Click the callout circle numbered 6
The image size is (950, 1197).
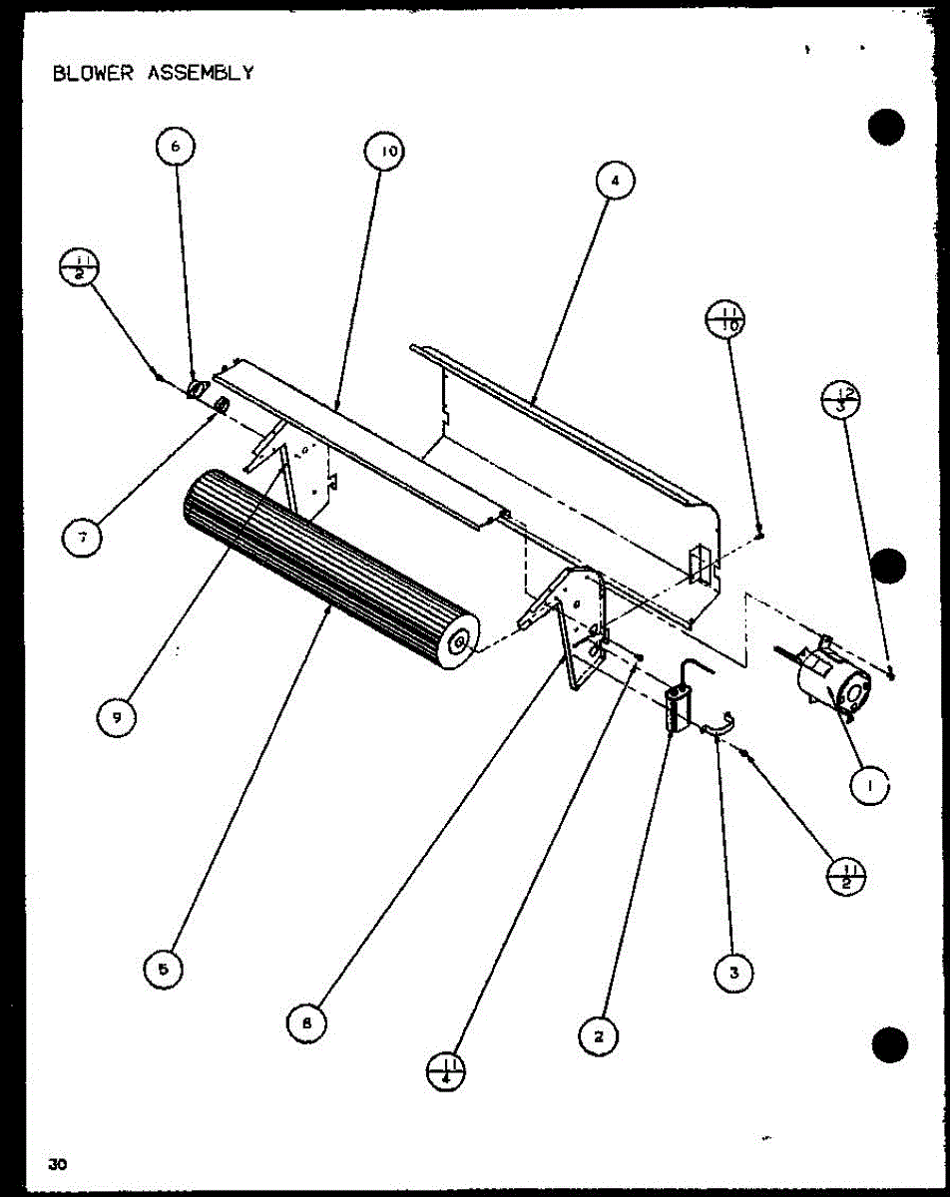[176, 147]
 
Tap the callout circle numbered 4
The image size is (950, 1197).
[616, 181]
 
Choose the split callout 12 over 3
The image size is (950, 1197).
[841, 400]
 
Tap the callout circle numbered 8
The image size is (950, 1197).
[307, 1022]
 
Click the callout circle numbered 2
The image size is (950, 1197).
[599, 1036]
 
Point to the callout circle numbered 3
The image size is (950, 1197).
[734, 973]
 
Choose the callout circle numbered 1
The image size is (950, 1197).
[869, 786]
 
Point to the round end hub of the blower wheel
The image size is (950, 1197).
[461, 642]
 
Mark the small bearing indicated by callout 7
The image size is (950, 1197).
[222, 404]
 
